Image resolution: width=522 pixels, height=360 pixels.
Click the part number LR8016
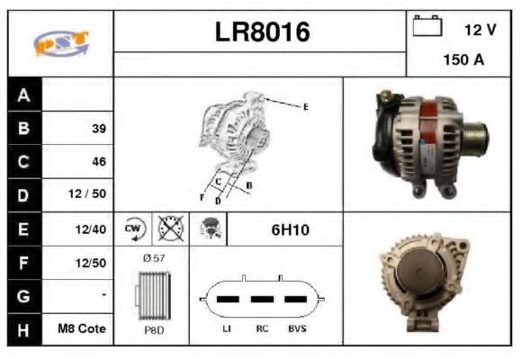click(x=261, y=32)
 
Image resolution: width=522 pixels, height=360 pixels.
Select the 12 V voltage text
click(x=480, y=30)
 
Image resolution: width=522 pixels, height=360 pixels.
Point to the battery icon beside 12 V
click(x=425, y=26)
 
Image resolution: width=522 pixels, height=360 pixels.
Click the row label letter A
click(x=24, y=94)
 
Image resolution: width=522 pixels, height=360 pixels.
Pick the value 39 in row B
click(x=98, y=129)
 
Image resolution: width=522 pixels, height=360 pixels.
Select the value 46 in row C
click(x=98, y=162)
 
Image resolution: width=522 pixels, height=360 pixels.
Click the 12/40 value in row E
click(x=92, y=230)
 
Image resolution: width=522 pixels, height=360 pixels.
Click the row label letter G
click(x=24, y=295)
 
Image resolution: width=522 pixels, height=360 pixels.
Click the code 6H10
click(x=290, y=230)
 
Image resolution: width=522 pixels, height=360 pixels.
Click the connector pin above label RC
click(x=262, y=299)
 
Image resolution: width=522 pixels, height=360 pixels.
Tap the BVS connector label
click(x=296, y=329)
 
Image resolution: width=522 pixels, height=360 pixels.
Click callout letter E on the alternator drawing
click(x=305, y=107)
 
